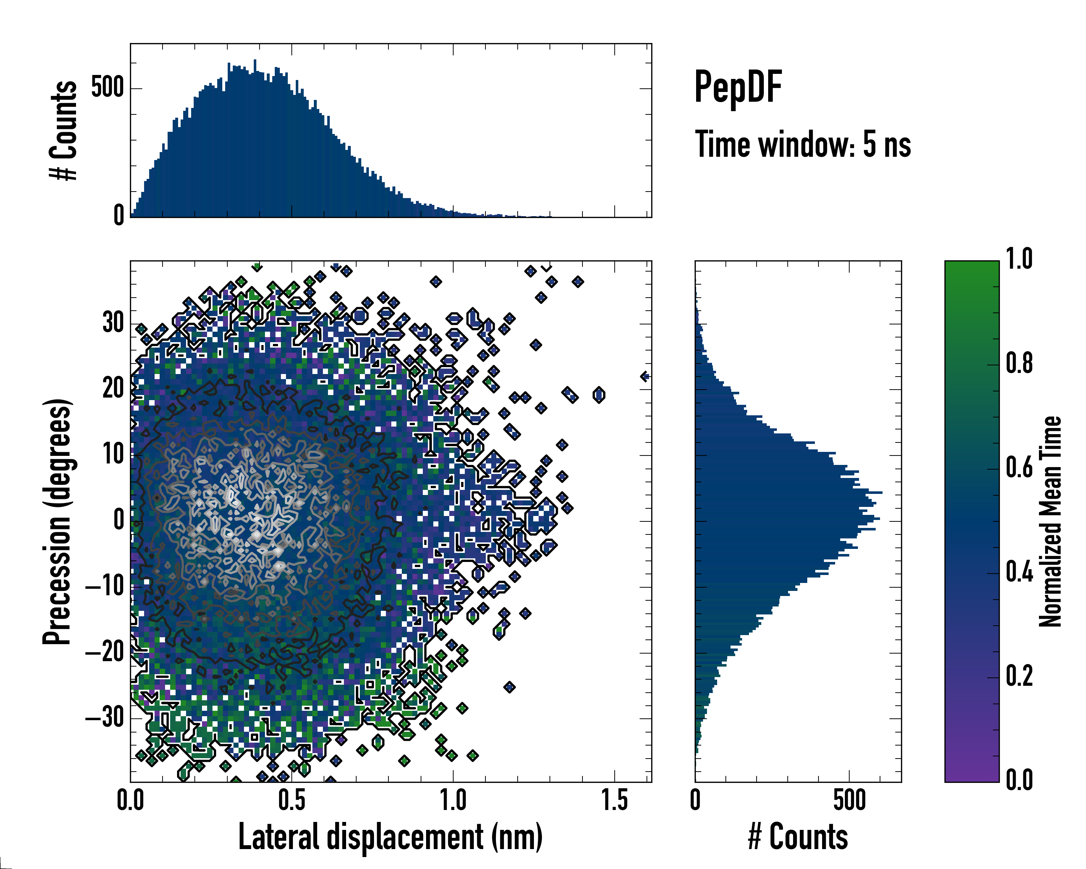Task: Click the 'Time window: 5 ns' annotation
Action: (x=803, y=144)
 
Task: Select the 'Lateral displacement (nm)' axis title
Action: (x=390, y=837)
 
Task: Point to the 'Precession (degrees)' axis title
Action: (x=56, y=521)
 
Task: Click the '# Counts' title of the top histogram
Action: (x=63, y=130)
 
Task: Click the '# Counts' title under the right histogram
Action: (x=798, y=837)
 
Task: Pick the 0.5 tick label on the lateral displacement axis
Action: (x=292, y=800)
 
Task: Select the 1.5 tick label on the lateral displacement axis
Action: (x=615, y=800)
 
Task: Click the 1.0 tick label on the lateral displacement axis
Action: (x=453, y=800)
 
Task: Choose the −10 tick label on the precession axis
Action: (x=105, y=586)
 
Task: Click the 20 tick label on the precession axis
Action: (x=113, y=389)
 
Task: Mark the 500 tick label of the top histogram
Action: (x=107, y=88)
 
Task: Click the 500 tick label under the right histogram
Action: (x=849, y=800)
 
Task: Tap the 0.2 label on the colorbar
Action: (x=1019, y=676)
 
